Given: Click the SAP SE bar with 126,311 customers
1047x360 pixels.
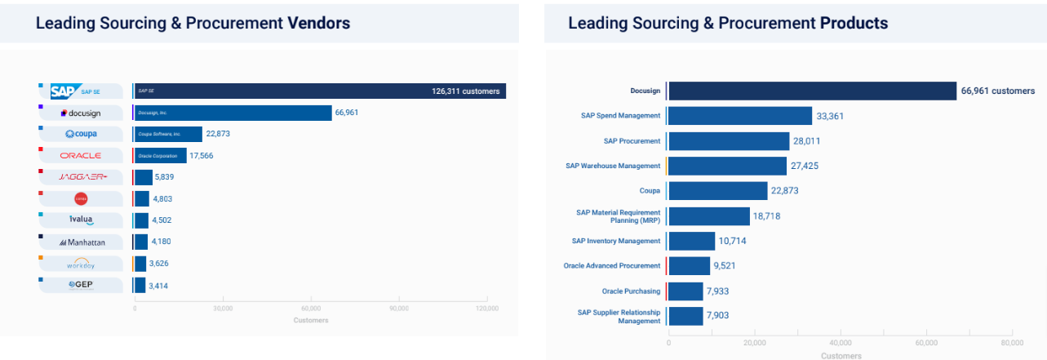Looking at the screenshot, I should (319, 91).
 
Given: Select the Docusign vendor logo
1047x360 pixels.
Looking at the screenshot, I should (81, 113).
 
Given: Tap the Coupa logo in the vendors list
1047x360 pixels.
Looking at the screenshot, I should (81, 134).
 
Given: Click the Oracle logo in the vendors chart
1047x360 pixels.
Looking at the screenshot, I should (81, 155).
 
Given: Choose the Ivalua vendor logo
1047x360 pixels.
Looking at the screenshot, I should (81, 220).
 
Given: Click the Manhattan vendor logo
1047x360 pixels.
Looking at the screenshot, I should (81, 242).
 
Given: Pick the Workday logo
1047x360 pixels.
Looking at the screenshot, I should (81, 264).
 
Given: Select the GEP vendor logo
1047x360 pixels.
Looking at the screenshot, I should (81, 285).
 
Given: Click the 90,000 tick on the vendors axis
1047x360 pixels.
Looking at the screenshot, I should (399, 309).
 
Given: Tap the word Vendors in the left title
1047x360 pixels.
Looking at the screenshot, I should (319, 23).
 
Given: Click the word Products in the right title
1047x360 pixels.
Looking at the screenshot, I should (854, 23).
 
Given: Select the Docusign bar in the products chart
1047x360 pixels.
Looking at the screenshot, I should (812, 91).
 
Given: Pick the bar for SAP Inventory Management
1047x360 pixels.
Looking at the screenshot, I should (691, 241).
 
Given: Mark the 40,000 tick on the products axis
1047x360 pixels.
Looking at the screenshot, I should (840, 343).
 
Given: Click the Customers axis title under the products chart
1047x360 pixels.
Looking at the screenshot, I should (840, 356).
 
